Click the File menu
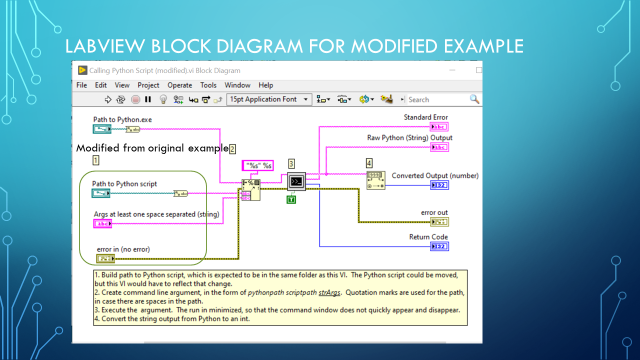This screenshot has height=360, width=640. click(x=81, y=85)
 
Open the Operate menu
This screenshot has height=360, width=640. click(x=179, y=85)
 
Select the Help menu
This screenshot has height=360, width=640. click(x=265, y=85)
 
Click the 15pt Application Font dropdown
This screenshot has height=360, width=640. click(x=269, y=99)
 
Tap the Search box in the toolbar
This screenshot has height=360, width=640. click(x=437, y=99)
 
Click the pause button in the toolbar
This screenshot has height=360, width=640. click(x=148, y=99)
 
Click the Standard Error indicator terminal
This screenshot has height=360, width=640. click(x=439, y=127)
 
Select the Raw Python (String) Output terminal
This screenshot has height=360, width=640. click(x=439, y=147)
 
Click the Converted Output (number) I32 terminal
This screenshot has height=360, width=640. click(x=439, y=185)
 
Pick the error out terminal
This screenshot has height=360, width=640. click(x=439, y=222)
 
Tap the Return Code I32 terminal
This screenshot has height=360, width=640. click(x=439, y=246)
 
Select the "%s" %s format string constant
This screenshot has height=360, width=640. click(x=257, y=165)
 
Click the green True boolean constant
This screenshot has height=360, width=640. click(x=291, y=200)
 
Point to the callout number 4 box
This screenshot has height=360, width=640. click(x=369, y=163)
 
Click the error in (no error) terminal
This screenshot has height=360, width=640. click(x=105, y=258)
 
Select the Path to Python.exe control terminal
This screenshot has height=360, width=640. click(x=102, y=129)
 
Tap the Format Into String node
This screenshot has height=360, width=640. click(x=250, y=190)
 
